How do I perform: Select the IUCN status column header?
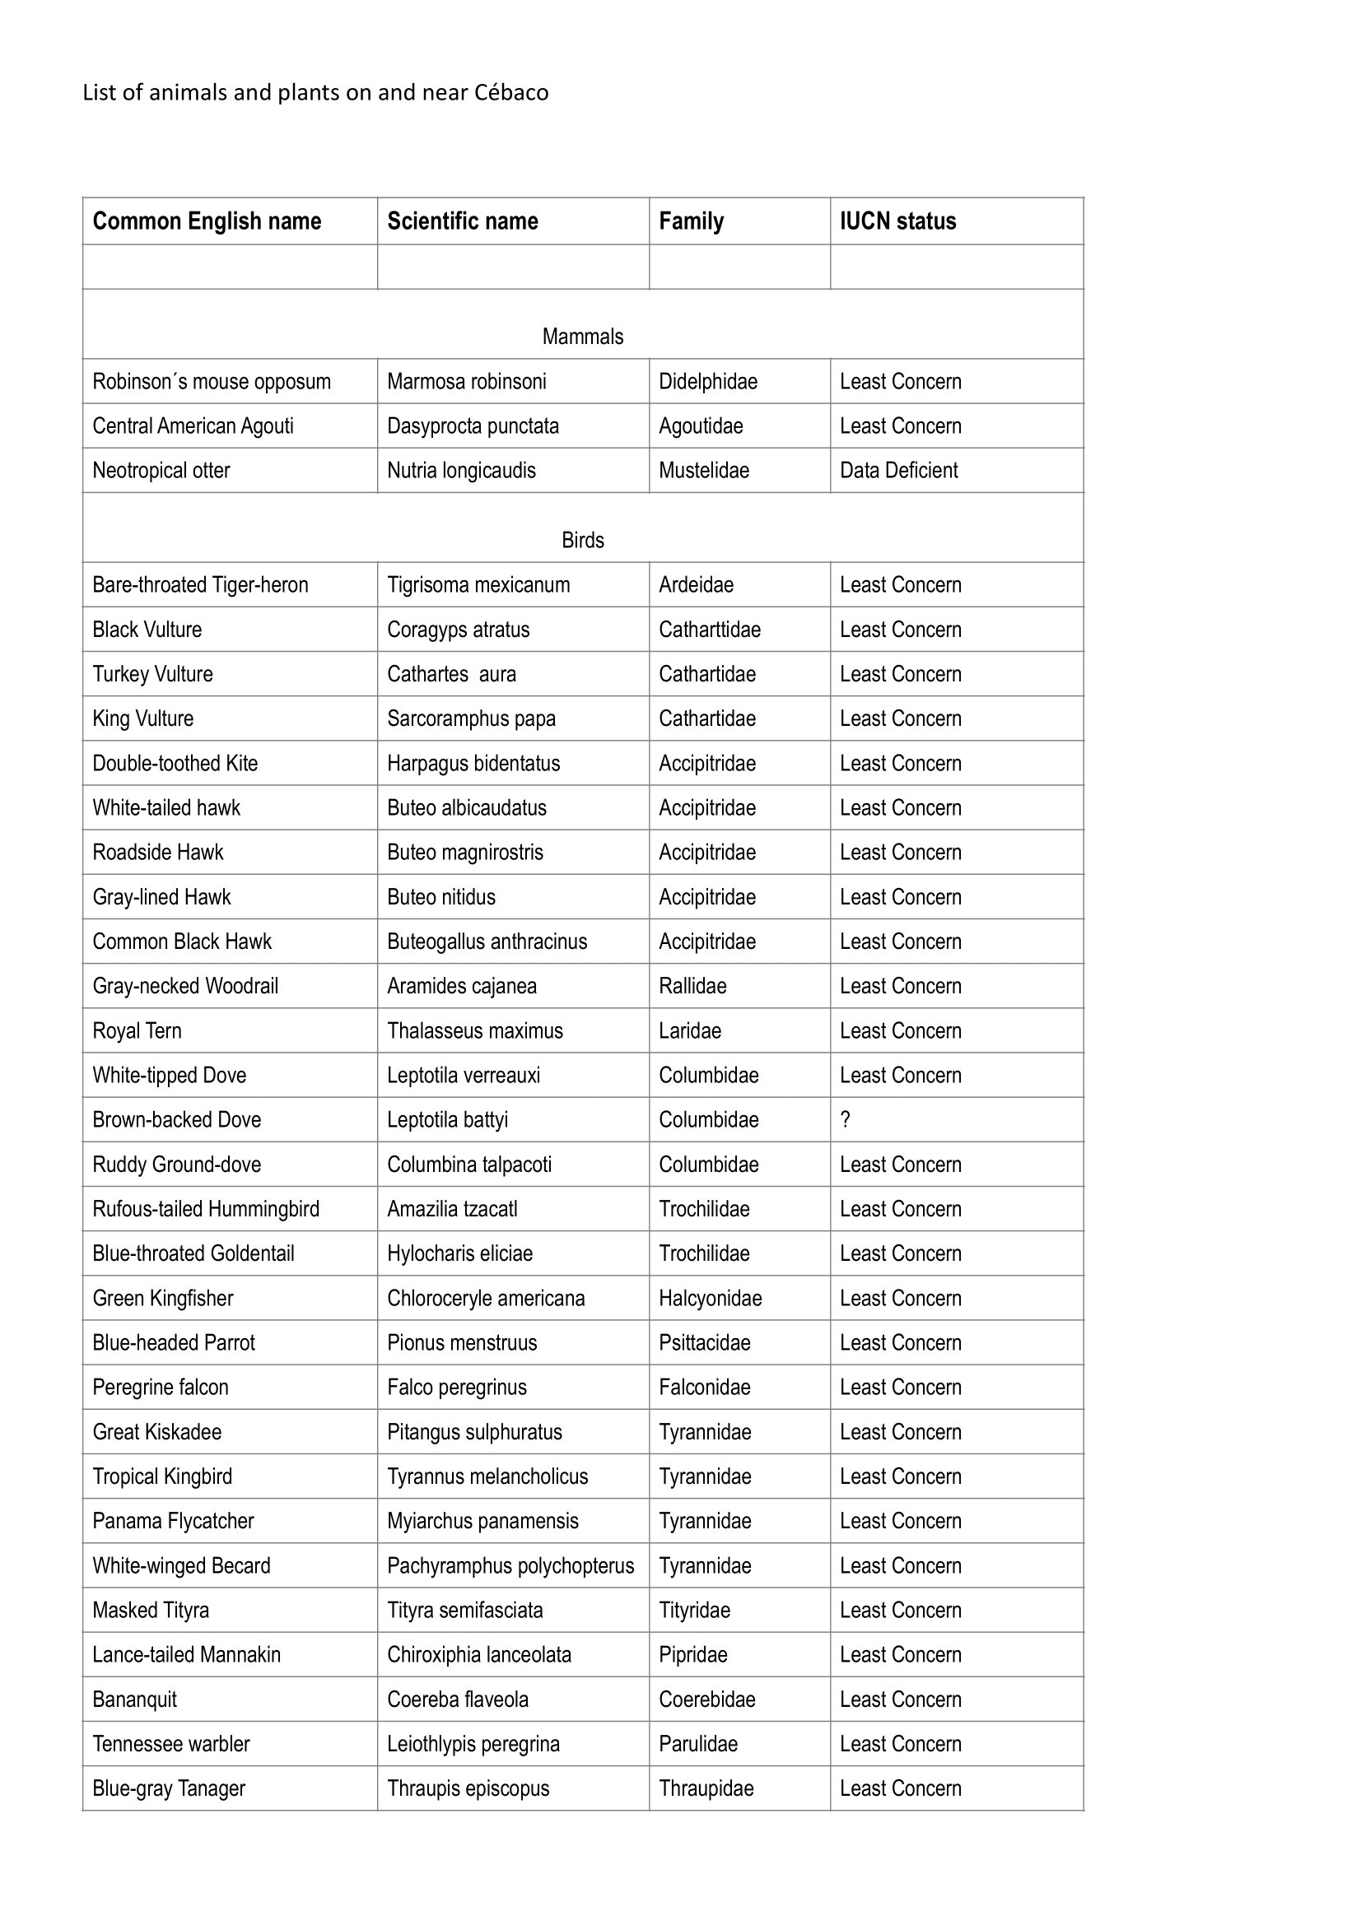tap(897, 221)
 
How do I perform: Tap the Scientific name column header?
tap(462, 221)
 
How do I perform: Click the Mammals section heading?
tap(583, 337)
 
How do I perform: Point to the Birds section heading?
tap(583, 541)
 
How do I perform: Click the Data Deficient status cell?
tap(898, 471)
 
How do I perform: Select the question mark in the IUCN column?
tap(846, 1120)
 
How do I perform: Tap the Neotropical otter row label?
tap(161, 471)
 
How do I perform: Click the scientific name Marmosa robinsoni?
tap(466, 382)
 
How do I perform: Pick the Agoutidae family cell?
tap(700, 426)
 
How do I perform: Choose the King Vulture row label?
tap(142, 718)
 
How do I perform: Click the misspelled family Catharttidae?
tap(710, 630)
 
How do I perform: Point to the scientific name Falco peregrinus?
tap(456, 1388)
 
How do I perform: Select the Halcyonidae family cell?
tap(710, 1299)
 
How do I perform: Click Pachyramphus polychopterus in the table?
tap(510, 1566)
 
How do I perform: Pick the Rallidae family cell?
tap(692, 986)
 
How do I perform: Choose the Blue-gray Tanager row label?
tap(169, 1788)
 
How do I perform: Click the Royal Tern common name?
tap(137, 1030)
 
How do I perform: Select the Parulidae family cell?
tap(697, 1744)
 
